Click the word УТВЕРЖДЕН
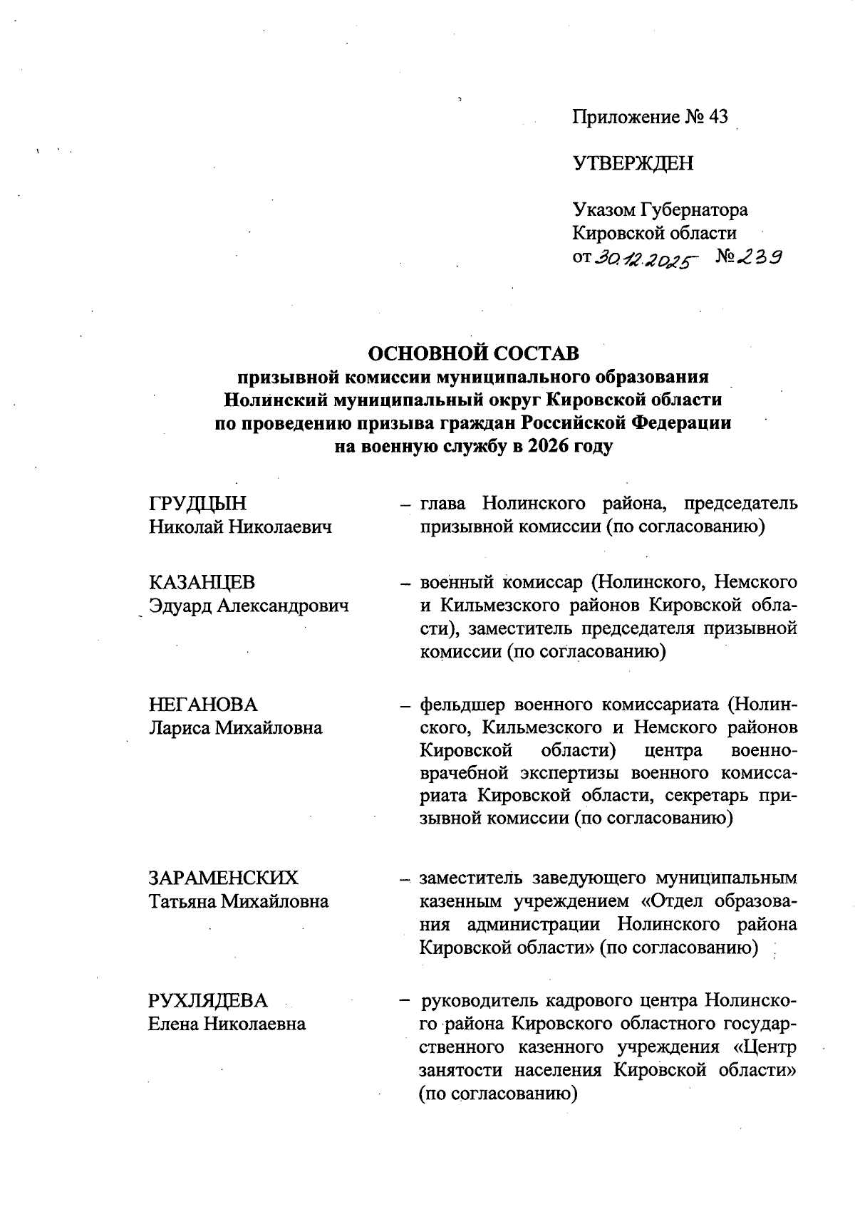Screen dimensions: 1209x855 633,164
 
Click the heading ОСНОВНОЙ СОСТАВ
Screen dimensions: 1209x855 473,353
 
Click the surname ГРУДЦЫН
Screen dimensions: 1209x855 198,504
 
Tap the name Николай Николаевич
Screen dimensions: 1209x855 241,527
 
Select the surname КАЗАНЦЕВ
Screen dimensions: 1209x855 202,583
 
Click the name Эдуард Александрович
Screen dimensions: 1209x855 249,606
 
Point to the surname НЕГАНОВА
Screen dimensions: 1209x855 203,705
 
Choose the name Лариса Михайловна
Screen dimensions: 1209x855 235,728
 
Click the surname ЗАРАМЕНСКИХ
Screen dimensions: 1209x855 224,878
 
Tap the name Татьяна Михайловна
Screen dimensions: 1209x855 239,901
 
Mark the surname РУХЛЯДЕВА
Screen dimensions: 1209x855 208,1000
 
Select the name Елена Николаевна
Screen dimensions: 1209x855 227,1024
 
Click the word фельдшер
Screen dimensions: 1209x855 462,705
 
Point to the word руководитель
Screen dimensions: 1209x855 479,1000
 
